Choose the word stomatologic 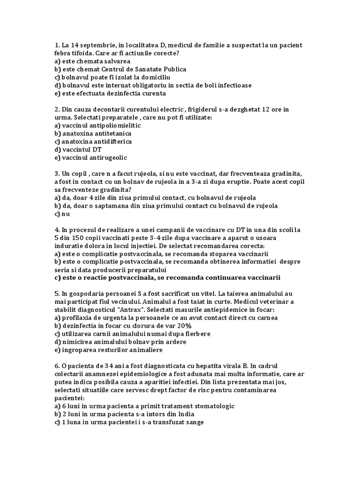210,406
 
